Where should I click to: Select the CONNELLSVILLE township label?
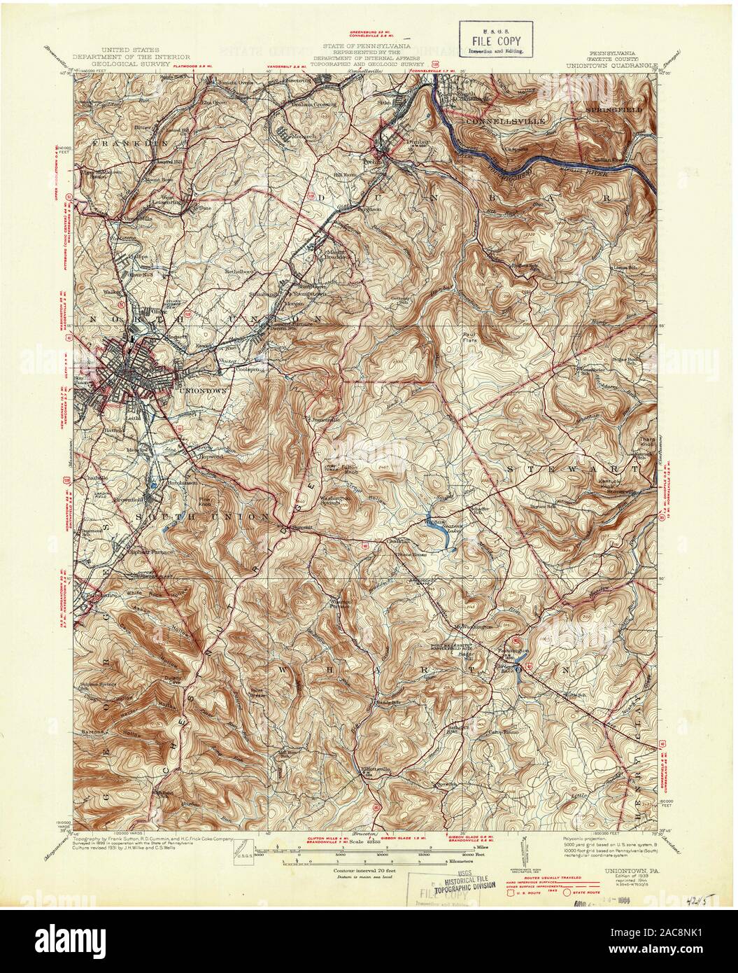[x=500, y=120]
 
